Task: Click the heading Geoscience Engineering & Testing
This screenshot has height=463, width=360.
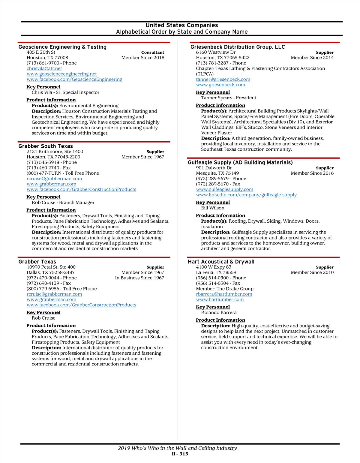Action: (62, 47)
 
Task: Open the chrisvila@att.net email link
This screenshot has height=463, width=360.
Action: (44, 68)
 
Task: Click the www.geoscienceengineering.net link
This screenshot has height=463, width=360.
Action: (61, 74)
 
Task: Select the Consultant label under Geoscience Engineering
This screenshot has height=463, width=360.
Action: (152, 52)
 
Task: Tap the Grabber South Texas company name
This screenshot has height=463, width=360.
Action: (46, 146)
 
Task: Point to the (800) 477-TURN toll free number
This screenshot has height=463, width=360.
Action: (63, 173)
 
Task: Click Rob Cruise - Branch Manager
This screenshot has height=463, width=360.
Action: (63, 203)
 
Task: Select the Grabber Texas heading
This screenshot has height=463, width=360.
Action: (37, 262)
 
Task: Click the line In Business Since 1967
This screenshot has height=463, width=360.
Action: (139, 278)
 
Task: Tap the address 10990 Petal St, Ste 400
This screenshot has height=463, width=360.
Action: (51, 267)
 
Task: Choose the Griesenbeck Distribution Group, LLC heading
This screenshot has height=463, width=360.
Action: (238, 47)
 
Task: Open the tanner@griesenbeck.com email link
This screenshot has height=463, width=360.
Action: (223, 79)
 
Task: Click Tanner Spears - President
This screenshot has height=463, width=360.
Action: (229, 98)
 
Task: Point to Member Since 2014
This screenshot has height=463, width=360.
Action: (312, 58)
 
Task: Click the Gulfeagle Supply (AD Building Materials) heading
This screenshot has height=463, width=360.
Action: (240, 162)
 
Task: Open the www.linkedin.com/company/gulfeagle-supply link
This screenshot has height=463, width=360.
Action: (246, 195)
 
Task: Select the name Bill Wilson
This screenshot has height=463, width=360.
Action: (213, 208)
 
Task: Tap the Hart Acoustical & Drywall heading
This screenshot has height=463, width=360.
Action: (221, 262)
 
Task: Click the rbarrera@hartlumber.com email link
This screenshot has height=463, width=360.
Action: (224, 294)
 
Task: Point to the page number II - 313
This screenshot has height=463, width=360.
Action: (180, 454)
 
